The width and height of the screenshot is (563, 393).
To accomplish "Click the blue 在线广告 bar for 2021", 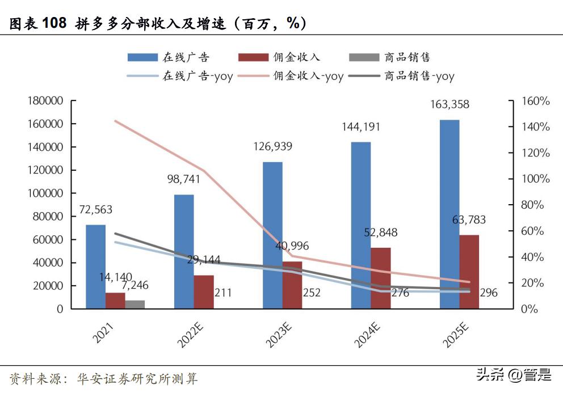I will click(95, 267).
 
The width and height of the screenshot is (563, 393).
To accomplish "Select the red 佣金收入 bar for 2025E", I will click(469, 272).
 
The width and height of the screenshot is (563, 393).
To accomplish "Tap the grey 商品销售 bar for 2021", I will click(135, 305).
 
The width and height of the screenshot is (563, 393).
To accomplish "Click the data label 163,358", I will click(450, 105).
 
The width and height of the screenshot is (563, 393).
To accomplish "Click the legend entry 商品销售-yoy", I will click(419, 76).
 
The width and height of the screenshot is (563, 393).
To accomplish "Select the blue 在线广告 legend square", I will click(142, 57).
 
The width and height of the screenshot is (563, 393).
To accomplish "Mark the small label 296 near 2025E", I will click(488, 293).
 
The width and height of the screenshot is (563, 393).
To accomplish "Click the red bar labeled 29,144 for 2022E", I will click(203, 292).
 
